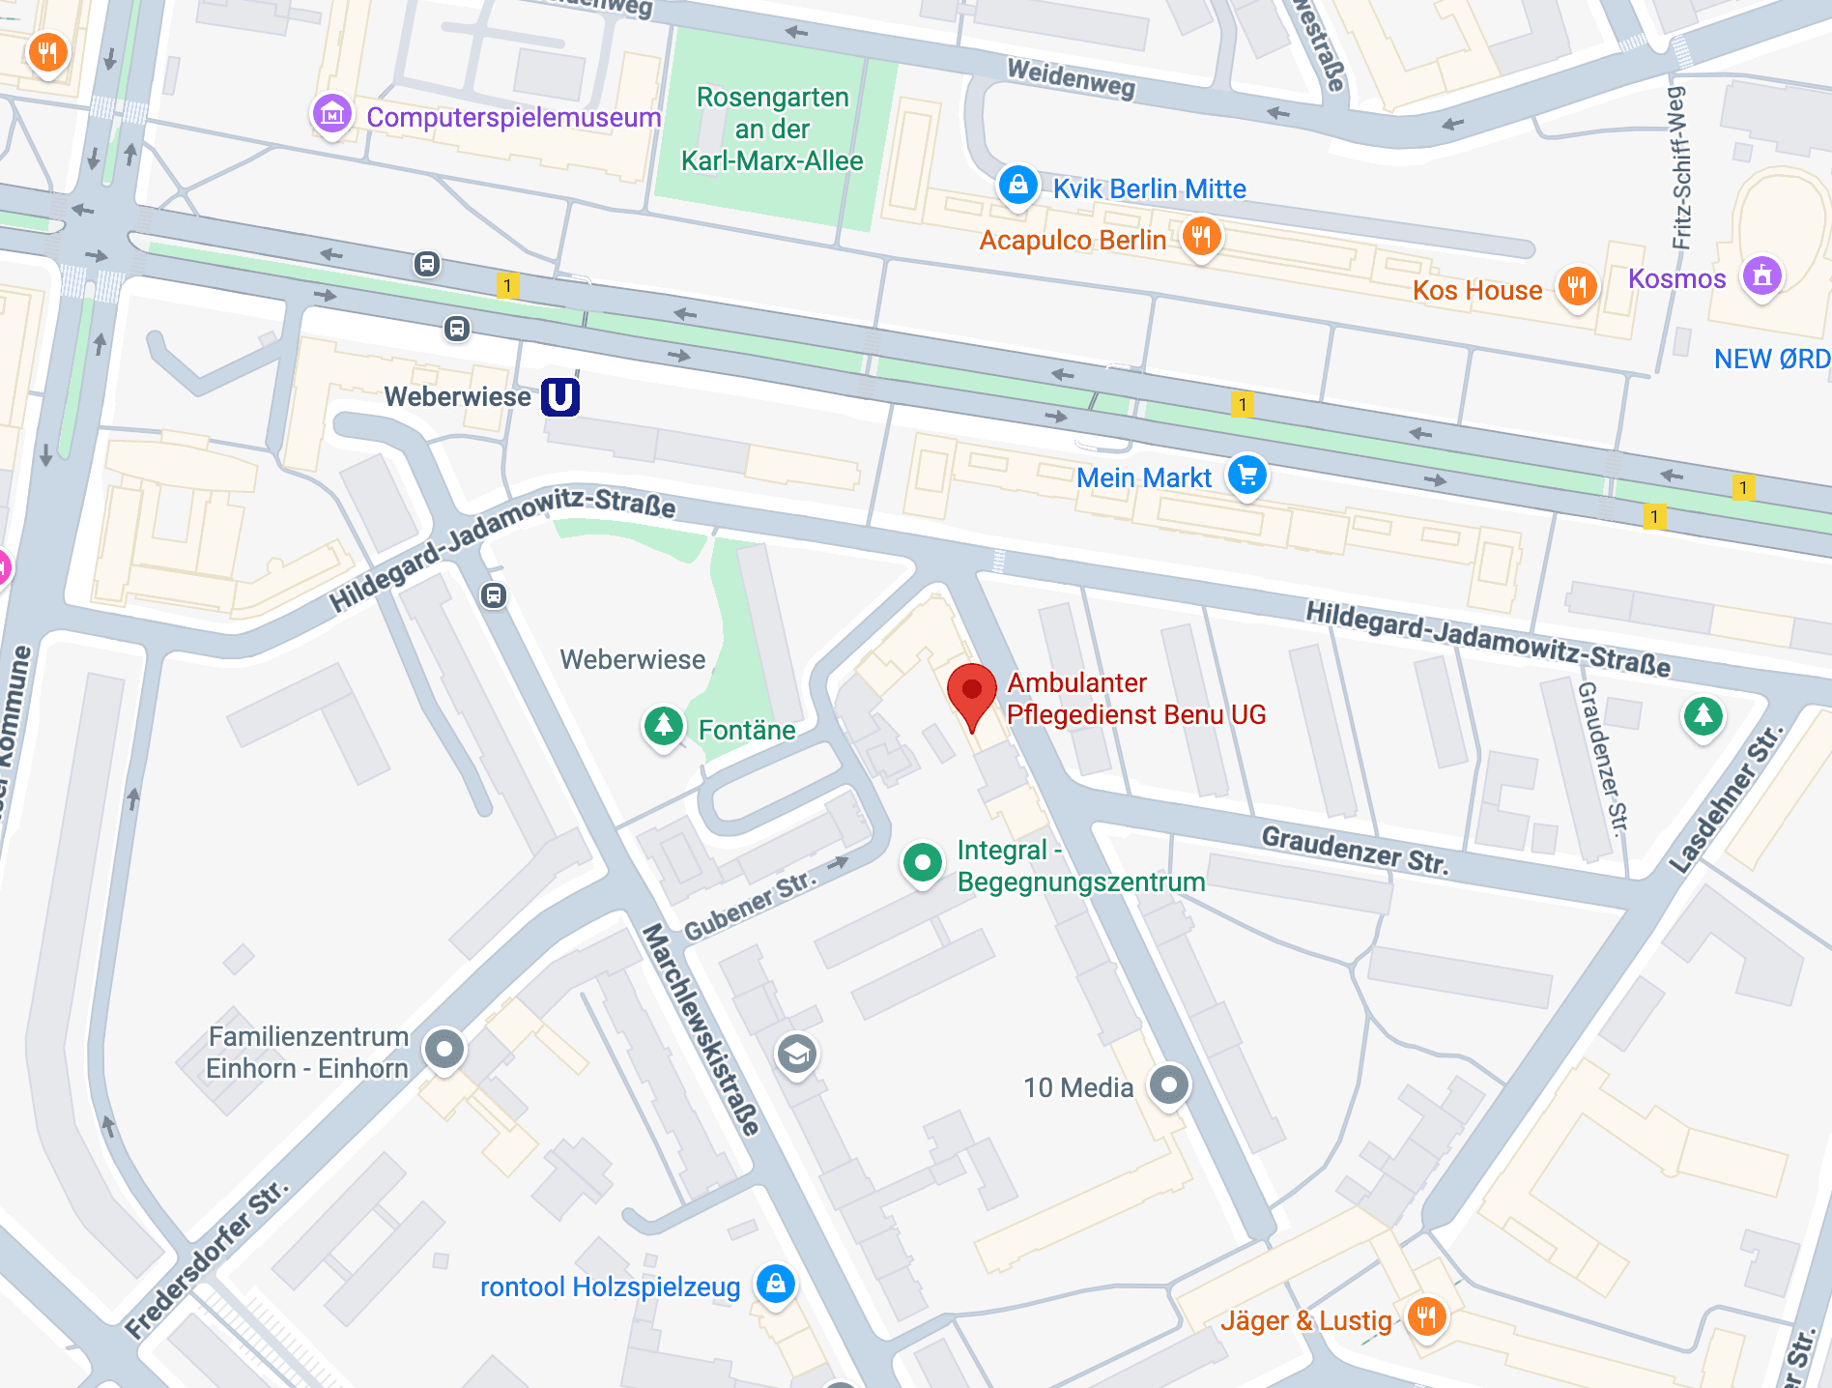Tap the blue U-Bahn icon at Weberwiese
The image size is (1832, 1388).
[x=560, y=396]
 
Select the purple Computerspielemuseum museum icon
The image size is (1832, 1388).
[x=332, y=115]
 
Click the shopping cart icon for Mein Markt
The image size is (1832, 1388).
[x=1247, y=475]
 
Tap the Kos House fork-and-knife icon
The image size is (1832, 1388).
[x=1577, y=286]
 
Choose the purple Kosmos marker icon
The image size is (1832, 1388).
[x=1762, y=276]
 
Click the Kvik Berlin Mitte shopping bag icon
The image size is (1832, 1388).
[x=1018, y=184]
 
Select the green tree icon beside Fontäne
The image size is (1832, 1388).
[x=664, y=725]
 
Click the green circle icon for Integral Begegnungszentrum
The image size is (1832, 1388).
[x=923, y=861]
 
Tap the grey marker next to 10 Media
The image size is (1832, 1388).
[x=1169, y=1084]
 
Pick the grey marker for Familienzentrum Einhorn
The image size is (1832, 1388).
[x=444, y=1049]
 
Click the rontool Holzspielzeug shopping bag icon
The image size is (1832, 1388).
[x=775, y=1285]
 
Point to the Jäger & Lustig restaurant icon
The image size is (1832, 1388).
[x=1427, y=1316]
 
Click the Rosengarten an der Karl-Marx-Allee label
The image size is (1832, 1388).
[x=772, y=129]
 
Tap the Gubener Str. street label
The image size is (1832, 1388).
[x=750, y=906]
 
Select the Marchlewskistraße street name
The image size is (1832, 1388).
[x=701, y=1029]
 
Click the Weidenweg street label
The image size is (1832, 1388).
[x=1071, y=77]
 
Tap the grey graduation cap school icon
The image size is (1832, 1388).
[x=797, y=1054]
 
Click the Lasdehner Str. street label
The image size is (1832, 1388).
[x=1726, y=800]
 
